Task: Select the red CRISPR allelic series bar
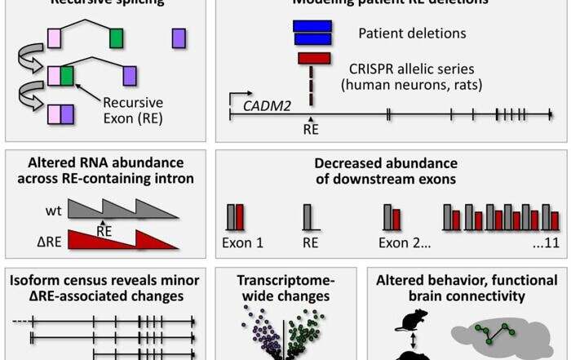tap(314, 58)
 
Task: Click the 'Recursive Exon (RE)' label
tap(136, 109)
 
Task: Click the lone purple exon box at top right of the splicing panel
tap(179, 38)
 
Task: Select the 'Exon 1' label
tap(244, 242)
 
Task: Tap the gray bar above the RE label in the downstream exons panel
tap(308, 217)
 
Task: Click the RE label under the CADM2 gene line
tap(310, 129)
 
